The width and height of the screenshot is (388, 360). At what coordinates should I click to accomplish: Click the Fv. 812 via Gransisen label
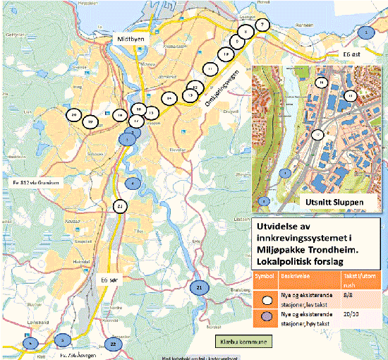coord(34,182)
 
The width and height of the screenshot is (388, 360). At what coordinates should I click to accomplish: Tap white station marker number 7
coord(262,24)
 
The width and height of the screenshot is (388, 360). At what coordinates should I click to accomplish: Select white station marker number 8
coord(245,32)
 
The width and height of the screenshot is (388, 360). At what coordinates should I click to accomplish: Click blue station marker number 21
coord(200,288)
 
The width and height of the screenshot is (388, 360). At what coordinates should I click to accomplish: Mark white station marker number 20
coord(73,114)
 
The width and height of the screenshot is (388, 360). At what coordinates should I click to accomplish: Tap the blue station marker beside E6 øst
coord(365,32)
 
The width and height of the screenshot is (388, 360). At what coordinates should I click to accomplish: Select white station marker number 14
coord(169,97)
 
